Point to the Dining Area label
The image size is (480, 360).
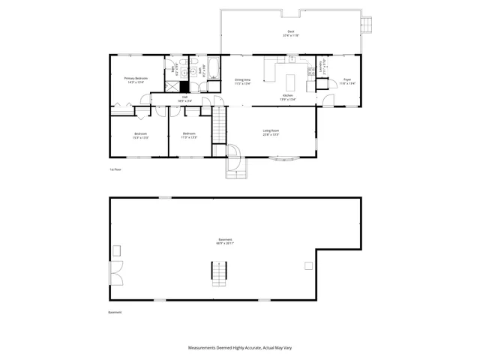(242, 80)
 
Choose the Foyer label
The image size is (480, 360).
(347, 80)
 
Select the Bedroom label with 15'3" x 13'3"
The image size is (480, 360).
(140, 136)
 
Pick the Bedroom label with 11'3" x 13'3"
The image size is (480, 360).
(189, 136)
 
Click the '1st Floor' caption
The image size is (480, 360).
(115, 169)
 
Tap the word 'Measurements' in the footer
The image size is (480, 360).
(202, 348)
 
